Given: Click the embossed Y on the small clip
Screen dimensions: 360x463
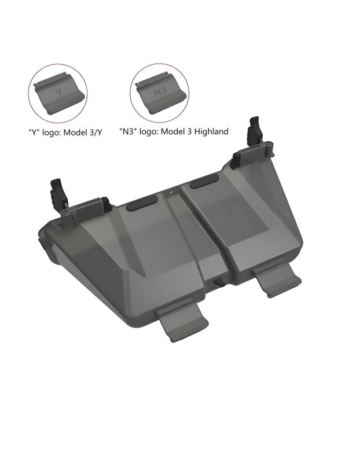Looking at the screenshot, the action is point(60,92).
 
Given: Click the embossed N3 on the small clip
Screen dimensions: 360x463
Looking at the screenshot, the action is point(160,93).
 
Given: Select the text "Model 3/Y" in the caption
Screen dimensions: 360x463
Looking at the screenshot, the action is point(83,132).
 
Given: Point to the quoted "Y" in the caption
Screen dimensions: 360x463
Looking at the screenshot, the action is point(34,132).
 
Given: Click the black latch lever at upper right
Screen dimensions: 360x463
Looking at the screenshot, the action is point(255,132).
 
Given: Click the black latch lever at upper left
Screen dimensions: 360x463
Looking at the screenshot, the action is point(58,194).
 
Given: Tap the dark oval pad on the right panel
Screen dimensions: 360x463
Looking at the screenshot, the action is point(204,181).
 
